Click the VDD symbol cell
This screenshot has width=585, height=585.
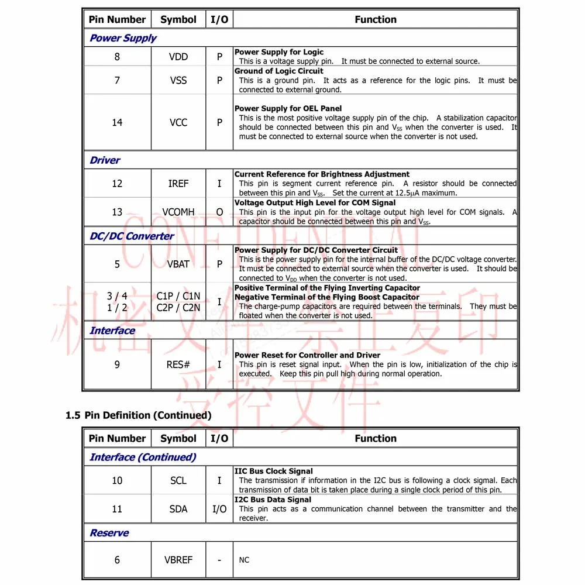(x=178, y=57)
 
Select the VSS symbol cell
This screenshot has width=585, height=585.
(x=178, y=80)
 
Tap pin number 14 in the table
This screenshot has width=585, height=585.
(x=117, y=122)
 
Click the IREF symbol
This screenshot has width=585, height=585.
(x=178, y=184)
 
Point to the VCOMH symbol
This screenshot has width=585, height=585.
(x=178, y=212)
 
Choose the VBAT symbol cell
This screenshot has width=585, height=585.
(x=178, y=264)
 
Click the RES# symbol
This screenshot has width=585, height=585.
(x=178, y=364)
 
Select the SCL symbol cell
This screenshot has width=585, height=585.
(x=178, y=480)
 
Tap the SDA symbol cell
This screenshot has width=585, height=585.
(x=178, y=509)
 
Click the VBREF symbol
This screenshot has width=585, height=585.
(x=178, y=560)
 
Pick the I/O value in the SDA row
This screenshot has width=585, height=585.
(x=219, y=509)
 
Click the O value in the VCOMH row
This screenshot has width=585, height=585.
(x=219, y=212)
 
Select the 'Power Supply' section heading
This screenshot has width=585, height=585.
(x=123, y=38)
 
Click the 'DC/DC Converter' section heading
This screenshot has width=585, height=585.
(x=132, y=236)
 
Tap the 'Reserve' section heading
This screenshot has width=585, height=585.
(x=109, y=533)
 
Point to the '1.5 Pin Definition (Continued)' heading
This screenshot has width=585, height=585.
(x=139, y=415)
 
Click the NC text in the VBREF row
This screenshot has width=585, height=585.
(x=244, y=560)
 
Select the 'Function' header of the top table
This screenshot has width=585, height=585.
(x=376, y=19)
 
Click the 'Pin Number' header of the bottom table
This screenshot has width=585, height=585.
(x=117, y=438)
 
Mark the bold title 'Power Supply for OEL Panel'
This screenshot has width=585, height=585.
(x=288, y=108)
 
